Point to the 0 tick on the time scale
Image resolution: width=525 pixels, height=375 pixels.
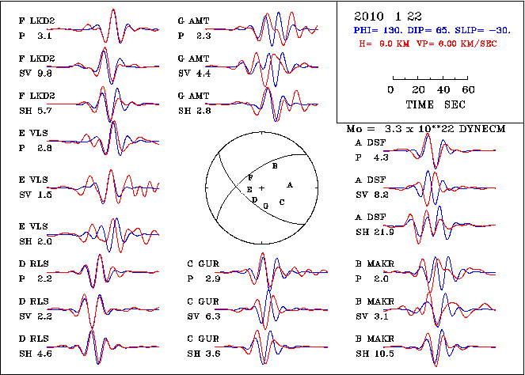(x=391, y=90)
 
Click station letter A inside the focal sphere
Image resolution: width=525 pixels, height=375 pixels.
(x=290, y=184)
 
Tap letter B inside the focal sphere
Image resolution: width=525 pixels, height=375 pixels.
(x=274, y=167)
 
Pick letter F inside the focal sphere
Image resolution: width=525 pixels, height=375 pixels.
(x=250, y=178)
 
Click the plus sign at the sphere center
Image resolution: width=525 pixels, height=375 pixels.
(x=262, y=187)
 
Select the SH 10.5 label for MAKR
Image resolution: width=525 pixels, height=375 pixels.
(x=373, y=353)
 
